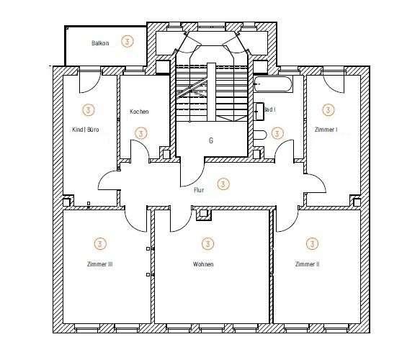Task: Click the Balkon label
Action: tap(100, 43)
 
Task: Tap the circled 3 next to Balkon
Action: tap(128, 41)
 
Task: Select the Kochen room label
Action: tap(139, 112)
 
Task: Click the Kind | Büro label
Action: tap(86, 130)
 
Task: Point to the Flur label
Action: tap(200, 190)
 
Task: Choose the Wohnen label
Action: tap(203, 264)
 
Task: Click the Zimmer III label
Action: tap(99, 264)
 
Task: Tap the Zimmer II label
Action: tap(307, 264)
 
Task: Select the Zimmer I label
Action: tap(326, 130)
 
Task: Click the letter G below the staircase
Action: tap(211, 140)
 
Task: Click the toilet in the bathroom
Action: tap(260, 133)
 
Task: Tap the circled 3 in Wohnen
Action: tap(207, 243)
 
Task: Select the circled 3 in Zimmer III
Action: tap(99, 243)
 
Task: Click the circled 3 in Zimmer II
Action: tap(312, 243)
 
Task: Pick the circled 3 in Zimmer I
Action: tap(329, 110)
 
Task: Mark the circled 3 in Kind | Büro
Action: tap(88, 110)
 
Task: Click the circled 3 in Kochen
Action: tap(141, 133)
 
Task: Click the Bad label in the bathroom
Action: tap(271, 110)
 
